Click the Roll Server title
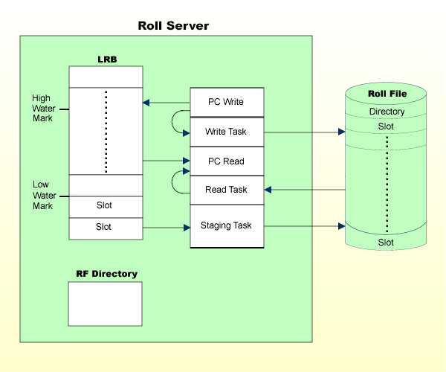click(173, 26)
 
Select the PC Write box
click(227, 102)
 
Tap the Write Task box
click(227, 132)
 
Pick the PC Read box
click(227, 161)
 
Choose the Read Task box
click(227, 190)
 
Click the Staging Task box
click(227, 225)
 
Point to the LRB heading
click(106, 59)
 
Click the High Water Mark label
click(42, 108)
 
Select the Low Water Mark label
click(42, 195)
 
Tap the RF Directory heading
click(106, 274)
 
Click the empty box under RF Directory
click(105, 304)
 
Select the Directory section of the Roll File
click(387, 112)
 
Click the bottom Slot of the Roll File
click(387, 243)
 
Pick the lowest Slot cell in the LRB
click(104, 227)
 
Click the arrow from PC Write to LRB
click(165, 102)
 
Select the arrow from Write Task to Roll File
click(305, 132)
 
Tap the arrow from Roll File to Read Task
click(305, 190)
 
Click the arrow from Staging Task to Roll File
click(305, 225)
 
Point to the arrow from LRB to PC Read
click(165, 161)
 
